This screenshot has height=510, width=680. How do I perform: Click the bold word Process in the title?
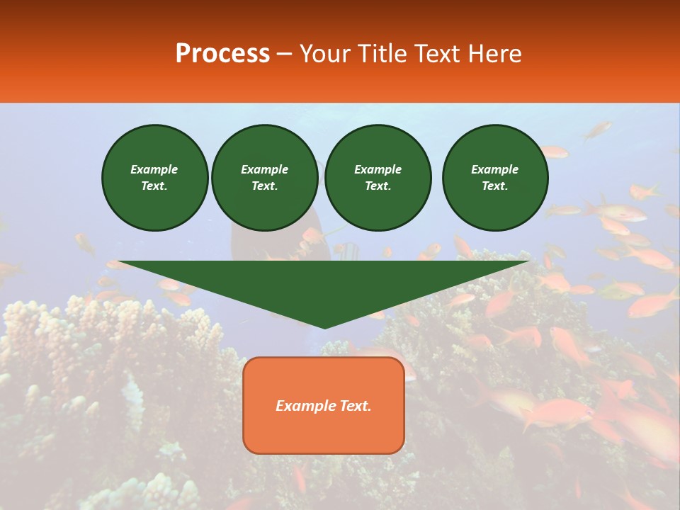(x=222, y=54)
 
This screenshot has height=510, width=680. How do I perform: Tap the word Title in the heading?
(x=380, y=54)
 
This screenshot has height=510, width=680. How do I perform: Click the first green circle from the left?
(x=155, y=178)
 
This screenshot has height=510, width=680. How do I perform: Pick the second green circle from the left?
(x=265, y=178)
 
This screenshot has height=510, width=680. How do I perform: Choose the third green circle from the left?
(x=378, y=178)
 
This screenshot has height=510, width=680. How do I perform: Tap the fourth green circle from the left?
(x=495, y=178)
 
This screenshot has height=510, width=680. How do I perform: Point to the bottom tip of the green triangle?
(x=324, y=327)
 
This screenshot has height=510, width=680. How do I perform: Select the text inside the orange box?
(x=324, y=406)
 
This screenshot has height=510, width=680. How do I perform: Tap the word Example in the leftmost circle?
(x=154, y=169)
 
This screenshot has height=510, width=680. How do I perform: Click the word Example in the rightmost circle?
(x=495, y=169)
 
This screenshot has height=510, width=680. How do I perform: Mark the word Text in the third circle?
(x=378, y=186)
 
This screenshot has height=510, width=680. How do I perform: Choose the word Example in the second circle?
(x=265, y=169)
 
